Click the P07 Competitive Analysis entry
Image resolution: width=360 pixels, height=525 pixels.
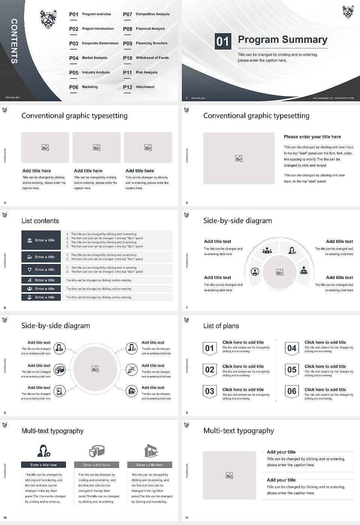[146, 14]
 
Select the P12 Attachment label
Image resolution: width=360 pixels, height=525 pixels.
[139, 87]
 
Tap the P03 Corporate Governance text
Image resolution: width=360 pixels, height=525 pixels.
[94, 43]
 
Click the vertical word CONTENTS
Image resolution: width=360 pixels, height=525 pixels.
[14, 41]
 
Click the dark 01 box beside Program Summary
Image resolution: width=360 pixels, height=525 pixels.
[222, 41]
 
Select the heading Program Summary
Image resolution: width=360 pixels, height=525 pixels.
[282, 40]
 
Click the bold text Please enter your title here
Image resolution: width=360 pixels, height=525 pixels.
[312, 137]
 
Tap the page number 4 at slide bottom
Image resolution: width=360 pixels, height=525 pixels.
[5, 203]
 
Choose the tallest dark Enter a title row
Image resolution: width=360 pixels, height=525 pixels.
[41, 240]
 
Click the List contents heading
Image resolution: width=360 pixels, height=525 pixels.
[40, 221]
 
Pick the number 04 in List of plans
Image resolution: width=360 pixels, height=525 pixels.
[292, 348]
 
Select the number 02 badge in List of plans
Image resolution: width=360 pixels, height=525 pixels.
[210, 370]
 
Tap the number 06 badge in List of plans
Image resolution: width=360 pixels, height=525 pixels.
[292, 391]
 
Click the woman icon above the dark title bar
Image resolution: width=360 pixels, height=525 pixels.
[43, 450]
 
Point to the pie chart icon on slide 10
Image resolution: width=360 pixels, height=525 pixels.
[97, 451]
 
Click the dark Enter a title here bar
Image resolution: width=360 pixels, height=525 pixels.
[43, 465]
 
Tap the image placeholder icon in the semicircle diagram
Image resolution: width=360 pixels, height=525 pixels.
[279, 272]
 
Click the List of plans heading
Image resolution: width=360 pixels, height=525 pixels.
[221, 326]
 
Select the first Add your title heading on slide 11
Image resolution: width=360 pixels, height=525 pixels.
[281, 452]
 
